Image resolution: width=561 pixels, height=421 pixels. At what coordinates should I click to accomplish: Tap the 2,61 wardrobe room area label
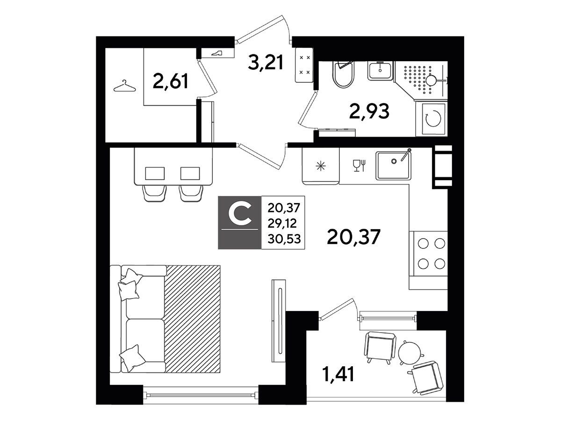(171, 81)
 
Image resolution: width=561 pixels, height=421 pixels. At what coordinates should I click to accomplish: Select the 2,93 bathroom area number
(369, 111)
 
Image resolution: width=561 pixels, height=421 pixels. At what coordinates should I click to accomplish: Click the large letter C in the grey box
(239, 213)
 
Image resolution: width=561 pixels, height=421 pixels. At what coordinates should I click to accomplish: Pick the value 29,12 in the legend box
(282, 224)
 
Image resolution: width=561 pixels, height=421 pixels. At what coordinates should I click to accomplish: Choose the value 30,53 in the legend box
(284, 239)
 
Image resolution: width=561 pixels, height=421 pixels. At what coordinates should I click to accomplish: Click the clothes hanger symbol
(125, 86)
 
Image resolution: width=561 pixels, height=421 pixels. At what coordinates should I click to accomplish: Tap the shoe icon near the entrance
(217, 53)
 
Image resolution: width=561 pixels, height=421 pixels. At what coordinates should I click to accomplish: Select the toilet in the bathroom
(344, 74)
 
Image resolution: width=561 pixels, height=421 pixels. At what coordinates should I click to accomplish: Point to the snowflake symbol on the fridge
(321, 167)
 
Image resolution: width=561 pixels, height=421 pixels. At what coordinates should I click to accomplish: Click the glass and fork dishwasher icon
(359, 166)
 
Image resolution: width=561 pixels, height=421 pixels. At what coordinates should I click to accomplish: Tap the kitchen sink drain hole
(394, 161)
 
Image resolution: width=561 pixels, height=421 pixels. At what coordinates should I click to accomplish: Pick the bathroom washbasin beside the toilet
(380, 71)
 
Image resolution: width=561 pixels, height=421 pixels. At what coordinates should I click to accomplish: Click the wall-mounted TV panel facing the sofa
(279, 321)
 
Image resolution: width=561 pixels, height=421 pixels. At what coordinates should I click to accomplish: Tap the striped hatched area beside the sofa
(193, 319)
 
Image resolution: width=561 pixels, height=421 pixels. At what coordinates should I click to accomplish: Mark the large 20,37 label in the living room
(354, 237)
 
